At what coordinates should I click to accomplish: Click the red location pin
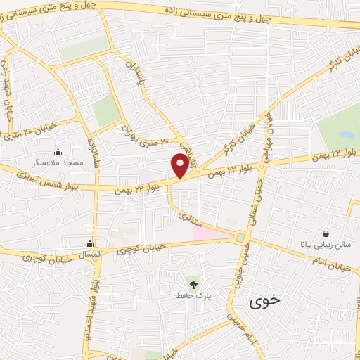(180, 166)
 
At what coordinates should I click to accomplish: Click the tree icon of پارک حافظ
(188, 283)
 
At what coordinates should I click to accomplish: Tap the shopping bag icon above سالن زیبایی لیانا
(326, 234)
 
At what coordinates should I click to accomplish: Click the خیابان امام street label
(331, 266)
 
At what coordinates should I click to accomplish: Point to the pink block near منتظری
(205, 231)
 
